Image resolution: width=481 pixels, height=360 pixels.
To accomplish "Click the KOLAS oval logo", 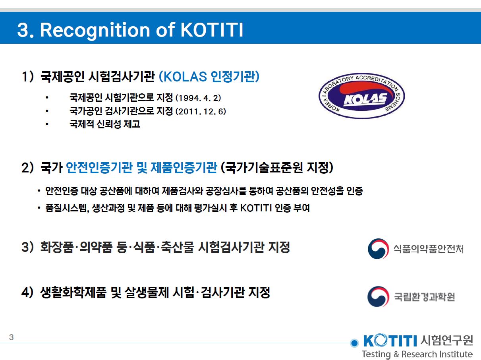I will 362,96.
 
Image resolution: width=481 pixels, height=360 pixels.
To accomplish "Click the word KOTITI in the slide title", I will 212,30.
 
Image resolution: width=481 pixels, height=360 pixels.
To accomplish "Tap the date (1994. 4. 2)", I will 198,98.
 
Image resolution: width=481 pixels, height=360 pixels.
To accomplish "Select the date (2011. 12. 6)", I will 201,111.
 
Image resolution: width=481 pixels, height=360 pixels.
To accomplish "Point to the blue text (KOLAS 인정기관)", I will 209,76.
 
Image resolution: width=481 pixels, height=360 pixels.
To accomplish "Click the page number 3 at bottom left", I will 11,337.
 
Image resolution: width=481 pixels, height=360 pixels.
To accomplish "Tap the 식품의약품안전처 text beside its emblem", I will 428,249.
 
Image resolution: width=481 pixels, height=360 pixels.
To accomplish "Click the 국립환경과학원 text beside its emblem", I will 424,296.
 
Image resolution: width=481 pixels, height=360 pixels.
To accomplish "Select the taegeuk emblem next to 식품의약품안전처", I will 378,249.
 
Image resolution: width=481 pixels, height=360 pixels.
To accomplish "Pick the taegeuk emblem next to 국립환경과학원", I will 378,296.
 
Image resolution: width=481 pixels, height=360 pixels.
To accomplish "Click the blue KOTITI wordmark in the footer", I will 390,341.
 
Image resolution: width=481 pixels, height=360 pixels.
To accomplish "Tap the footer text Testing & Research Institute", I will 417,354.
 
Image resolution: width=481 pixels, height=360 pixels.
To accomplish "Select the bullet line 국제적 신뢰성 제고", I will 105,124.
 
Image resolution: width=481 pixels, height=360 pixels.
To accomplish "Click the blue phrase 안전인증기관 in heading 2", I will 99,168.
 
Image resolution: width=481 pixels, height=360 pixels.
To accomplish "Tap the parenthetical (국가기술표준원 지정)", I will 277,168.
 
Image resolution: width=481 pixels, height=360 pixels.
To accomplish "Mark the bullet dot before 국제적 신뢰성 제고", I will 47,124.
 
